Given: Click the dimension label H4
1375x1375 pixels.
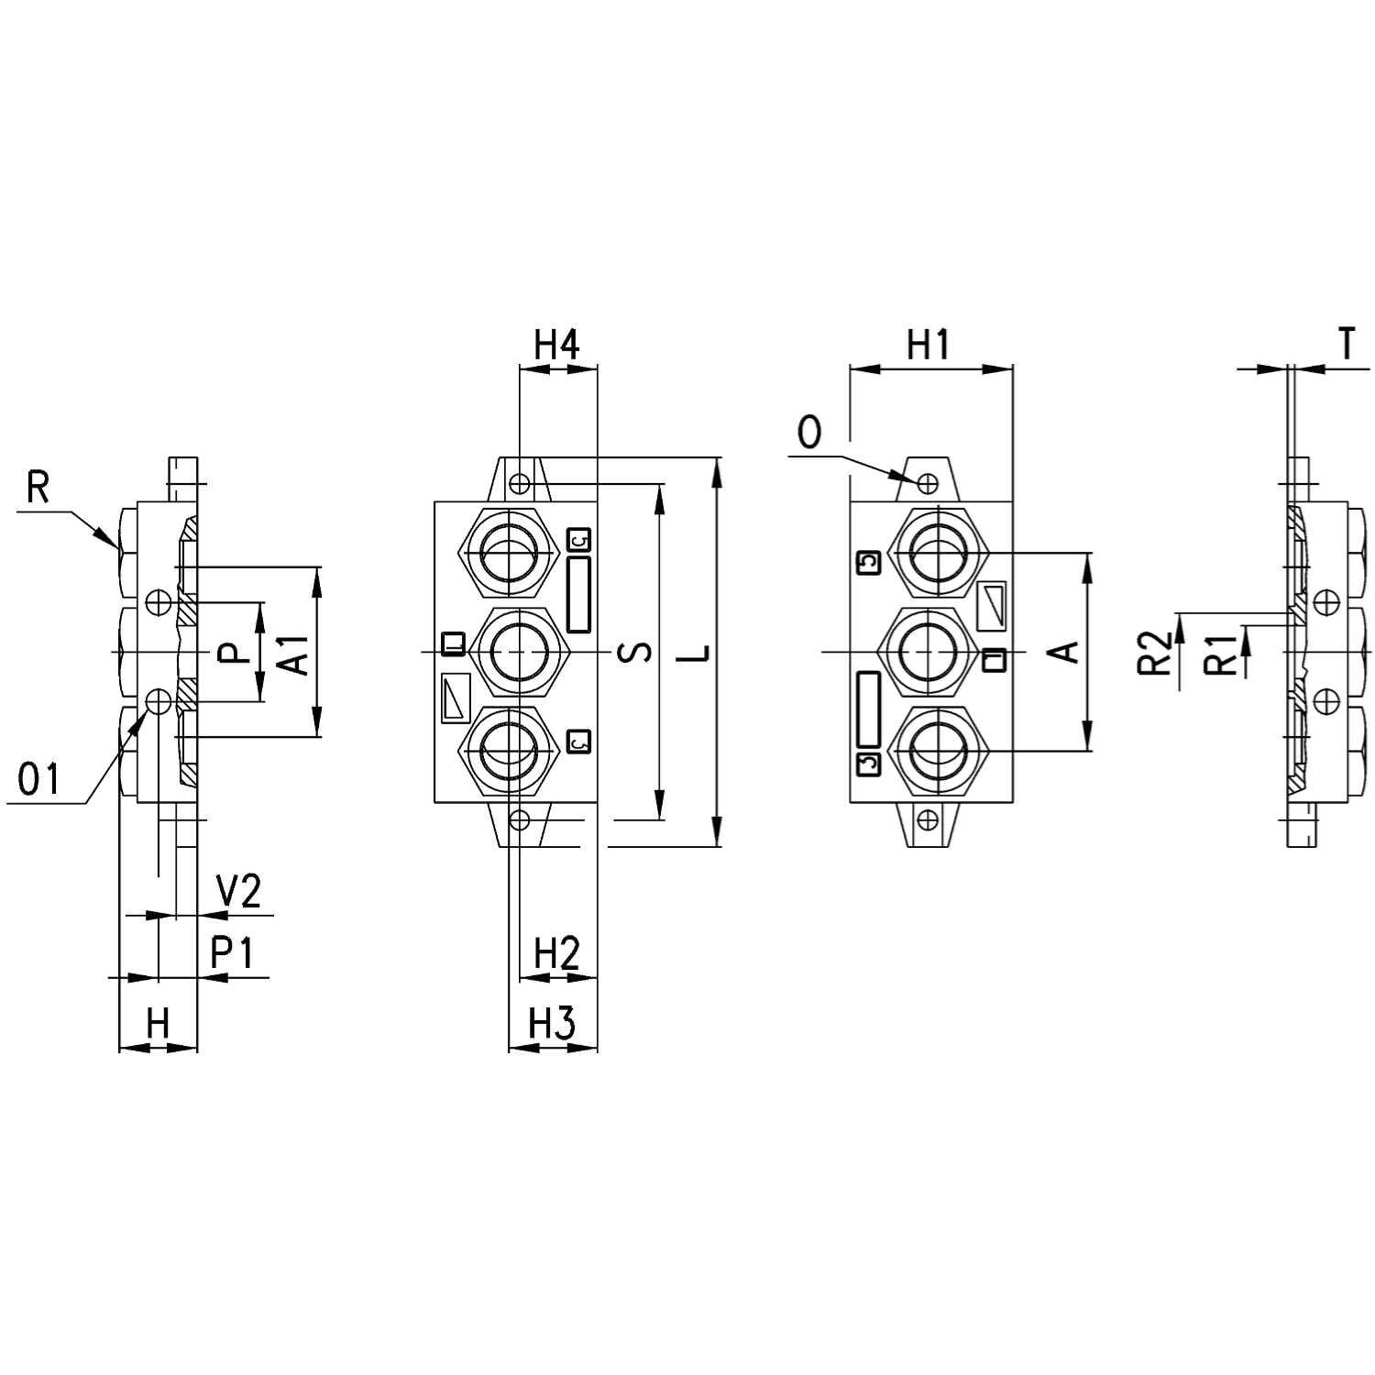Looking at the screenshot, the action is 557,346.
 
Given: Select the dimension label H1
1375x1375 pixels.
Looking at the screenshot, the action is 928,346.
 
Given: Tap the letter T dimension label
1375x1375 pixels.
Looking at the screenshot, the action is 1347,345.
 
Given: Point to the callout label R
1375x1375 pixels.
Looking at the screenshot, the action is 38,488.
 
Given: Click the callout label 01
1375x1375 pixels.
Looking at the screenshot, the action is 39,779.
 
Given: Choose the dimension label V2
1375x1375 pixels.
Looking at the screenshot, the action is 238,891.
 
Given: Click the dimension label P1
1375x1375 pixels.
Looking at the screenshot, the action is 231,953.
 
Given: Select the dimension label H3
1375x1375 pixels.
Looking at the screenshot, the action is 552,1022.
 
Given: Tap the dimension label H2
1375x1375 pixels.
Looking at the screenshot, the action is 557,954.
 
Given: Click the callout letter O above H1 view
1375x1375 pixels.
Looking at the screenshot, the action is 809,433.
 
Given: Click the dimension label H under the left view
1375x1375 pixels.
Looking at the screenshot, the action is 159,1022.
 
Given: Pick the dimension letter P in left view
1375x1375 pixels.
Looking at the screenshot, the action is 236,653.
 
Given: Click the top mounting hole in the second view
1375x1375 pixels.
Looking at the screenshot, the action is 520,482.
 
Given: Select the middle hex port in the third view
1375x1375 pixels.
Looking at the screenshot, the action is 931,651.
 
